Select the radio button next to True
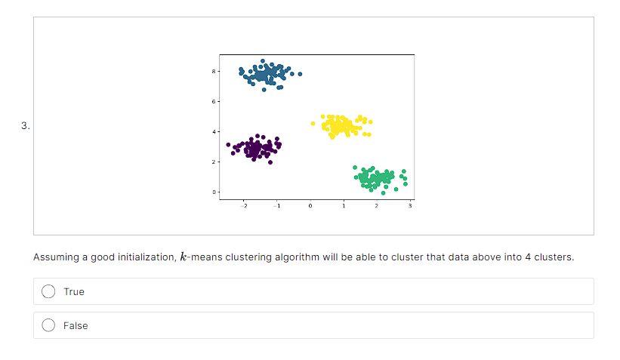pos(48,291)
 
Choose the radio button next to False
pos(48,325)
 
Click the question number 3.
pos(26,126)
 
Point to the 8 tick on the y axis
pos(214,71)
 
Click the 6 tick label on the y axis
pos(214,102)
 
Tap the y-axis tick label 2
pos(214,162)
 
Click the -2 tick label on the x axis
pos(244,206)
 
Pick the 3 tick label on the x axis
pos(410,206)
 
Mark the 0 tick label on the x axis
pos(310,206)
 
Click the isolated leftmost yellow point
pos(313,124)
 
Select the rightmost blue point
pos(300,74)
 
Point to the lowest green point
pos(383,193)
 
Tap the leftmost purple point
pos(228,145)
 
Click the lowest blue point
pos(264,90)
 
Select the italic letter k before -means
pos(183,257)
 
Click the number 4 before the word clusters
pos(528,257)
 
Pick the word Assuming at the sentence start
pos(56,257)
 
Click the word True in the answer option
pos(74,291)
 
